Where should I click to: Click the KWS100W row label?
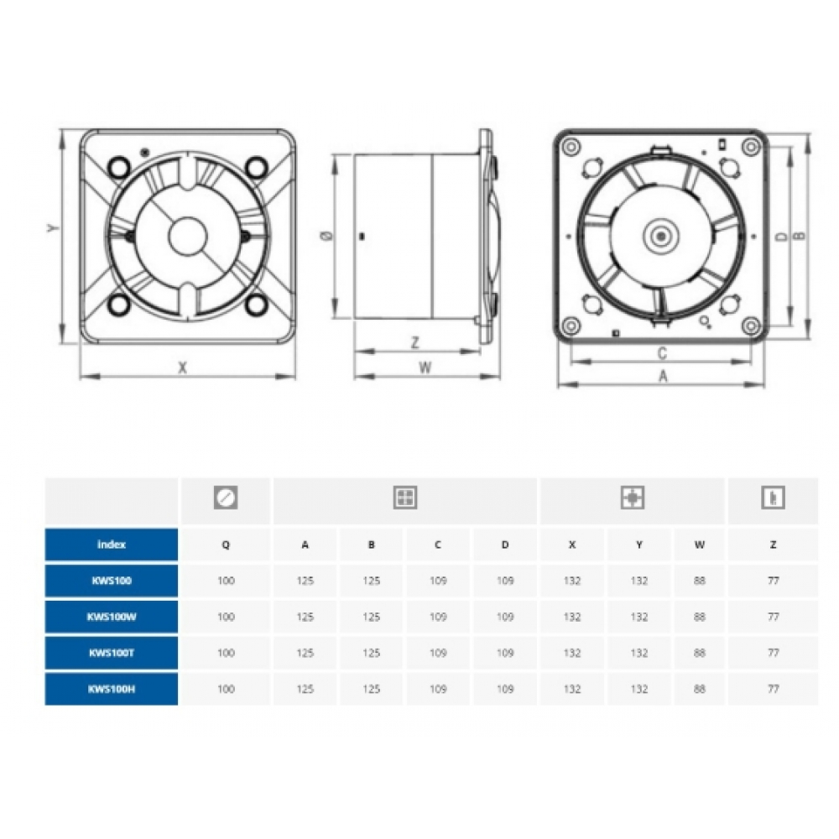112,617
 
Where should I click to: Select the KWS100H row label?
112,689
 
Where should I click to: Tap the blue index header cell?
112,545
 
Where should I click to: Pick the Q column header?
226,545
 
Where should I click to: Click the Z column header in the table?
774,545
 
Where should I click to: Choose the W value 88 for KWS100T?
700,653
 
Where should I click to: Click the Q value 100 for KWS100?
226,581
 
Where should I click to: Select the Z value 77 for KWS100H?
774,689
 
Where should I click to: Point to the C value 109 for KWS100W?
438,617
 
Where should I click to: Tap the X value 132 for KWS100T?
572,653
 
